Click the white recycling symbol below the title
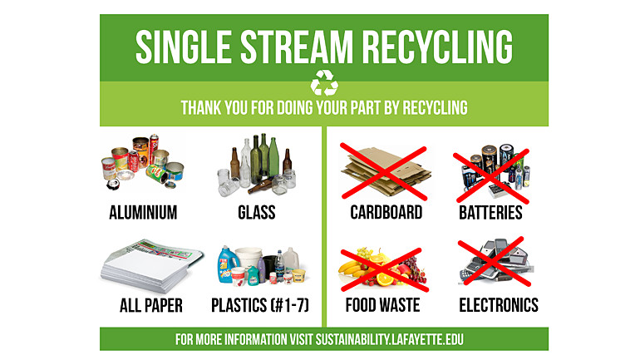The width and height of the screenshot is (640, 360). coord(324,82)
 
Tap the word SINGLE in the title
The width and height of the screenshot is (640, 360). coord(184,47)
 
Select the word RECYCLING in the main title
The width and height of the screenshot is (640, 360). coord(437,47)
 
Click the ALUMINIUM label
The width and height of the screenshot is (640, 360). coord(143,213)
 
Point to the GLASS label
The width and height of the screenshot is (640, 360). coord(257,213)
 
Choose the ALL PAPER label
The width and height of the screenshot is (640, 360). coord(151,305)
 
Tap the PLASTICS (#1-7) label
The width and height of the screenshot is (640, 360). coord(260,305)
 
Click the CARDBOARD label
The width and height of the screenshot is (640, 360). coord(386,213)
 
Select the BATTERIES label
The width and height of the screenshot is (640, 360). coord(490,213)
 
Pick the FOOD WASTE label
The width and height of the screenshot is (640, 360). coord(383,305)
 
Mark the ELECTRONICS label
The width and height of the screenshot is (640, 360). coord(499,305)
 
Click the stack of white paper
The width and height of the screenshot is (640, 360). coord(151,268)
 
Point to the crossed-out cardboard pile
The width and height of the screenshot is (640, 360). coord(386,172)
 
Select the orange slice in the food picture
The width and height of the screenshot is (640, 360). coord(385,279)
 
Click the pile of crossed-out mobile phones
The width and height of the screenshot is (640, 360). coord(496,260)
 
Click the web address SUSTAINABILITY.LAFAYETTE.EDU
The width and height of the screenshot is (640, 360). coord(389,339)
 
